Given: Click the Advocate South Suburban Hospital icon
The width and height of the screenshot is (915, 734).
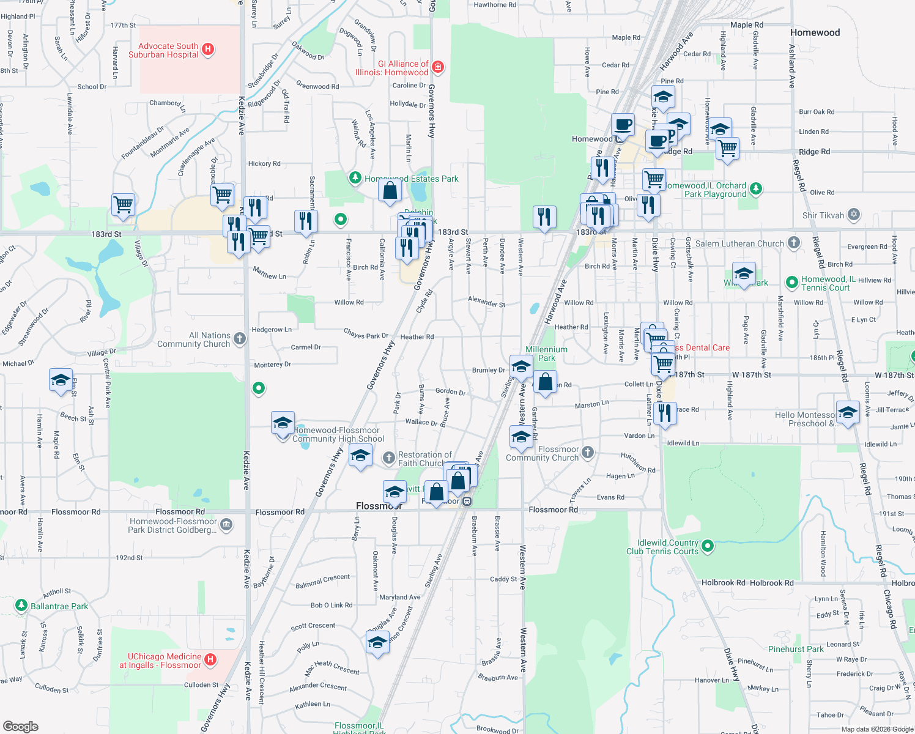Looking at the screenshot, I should coord(208,50).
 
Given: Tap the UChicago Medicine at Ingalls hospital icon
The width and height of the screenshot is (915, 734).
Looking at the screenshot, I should coord(210,659).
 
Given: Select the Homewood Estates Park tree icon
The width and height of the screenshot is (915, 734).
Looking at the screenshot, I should coord(355,178).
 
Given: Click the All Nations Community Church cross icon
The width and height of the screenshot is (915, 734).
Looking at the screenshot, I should coord(240,338).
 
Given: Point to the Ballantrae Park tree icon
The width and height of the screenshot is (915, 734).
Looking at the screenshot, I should coord(21,606).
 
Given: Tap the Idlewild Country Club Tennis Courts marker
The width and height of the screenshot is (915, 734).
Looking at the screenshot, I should coord(708,546).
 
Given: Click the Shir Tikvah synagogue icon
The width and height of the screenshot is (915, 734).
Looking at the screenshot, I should coord(854,215).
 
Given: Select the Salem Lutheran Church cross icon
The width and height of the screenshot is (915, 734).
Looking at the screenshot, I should coord(793,243).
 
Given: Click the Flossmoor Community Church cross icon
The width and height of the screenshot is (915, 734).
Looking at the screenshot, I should coord(588,452).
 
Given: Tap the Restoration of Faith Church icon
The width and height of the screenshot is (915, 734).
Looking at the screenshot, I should coord(389,458).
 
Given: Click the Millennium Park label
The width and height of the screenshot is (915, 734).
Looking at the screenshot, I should coord(546,354).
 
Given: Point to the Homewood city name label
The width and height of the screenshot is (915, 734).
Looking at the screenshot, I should coord(815,32).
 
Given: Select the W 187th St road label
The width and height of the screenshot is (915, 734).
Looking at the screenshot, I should coord(751,375).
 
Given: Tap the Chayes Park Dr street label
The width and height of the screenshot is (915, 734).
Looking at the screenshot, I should coord(366,334).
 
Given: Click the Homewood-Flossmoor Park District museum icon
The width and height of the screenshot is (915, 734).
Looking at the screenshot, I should coord(226,524).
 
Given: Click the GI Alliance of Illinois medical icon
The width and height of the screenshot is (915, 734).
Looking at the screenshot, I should coord(437,67).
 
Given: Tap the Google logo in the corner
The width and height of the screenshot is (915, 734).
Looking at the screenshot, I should coord(20,726).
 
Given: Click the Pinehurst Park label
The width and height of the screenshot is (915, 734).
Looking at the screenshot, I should coord(796,649).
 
